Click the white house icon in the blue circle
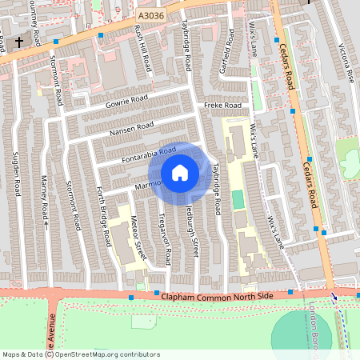(180, 172)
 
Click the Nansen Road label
(133, 127)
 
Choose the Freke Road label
(222, 106)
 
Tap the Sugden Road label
(17, 177)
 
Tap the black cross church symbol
(19, 42)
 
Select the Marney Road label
(45, 201)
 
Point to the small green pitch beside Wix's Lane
(237, 198)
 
